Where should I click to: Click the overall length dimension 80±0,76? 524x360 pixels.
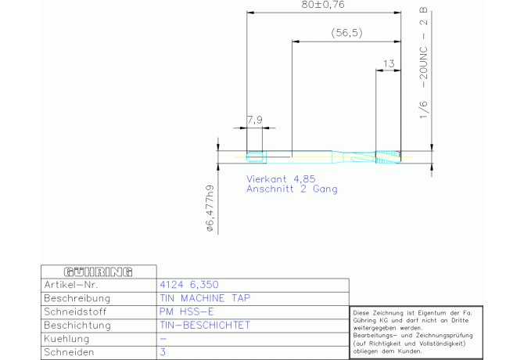(322, 5)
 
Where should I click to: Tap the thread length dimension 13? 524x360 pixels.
(389, 63)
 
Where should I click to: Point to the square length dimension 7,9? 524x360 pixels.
(255, 120)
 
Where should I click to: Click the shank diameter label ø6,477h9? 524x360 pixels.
(210, 208)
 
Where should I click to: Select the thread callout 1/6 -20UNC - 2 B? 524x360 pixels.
(423, 63)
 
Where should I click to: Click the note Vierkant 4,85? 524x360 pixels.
(281, 179)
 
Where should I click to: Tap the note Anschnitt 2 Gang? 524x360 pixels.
(292, 189)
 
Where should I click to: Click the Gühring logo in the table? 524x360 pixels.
(99, 272)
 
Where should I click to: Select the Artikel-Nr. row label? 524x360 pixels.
(71, 285)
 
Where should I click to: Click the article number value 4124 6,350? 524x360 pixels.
(189, 285)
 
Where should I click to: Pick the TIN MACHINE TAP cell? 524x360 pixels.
(205, 298)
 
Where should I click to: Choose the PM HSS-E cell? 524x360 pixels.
(186, 311)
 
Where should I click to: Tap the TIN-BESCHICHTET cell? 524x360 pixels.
(205, 326)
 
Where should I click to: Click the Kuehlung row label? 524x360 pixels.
(66, 339)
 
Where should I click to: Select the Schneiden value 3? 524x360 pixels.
(163, 352)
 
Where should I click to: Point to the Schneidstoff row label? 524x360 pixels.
(75, 311)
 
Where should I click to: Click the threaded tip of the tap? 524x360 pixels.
(388, 157)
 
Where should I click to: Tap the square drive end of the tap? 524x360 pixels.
(257, 157)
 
